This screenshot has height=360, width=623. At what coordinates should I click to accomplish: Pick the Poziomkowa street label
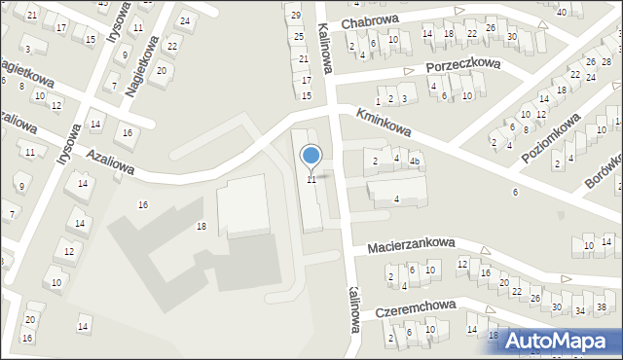click(550, 136)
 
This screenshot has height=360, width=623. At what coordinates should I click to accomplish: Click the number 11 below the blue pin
click(311, 180)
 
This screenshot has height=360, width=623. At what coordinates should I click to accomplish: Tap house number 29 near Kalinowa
click(296, 16)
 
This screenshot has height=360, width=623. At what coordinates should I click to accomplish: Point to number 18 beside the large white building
click(202, 226)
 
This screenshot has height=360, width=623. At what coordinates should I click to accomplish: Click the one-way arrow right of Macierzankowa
click(486, 250)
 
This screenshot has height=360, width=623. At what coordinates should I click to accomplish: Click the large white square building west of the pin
click(242, 206)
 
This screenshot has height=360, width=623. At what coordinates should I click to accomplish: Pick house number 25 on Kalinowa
click(300, 36)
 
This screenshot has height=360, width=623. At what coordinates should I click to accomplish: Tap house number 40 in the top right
click(562, 12)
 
